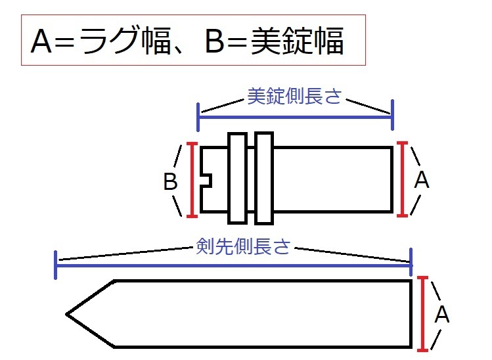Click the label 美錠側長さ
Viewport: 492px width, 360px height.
tap(294, 97)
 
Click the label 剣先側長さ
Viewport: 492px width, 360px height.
tap(243, 247)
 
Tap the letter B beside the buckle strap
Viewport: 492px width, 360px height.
tap(171, 182)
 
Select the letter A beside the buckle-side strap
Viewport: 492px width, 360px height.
tap(422, 180)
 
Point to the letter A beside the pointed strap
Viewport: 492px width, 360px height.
tap(442, 316)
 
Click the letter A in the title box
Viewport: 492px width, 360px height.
tap(41, 43)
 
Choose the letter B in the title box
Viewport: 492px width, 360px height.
tap(214, 43)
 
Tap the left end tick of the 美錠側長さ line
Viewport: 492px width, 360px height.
tap(198, 116)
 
